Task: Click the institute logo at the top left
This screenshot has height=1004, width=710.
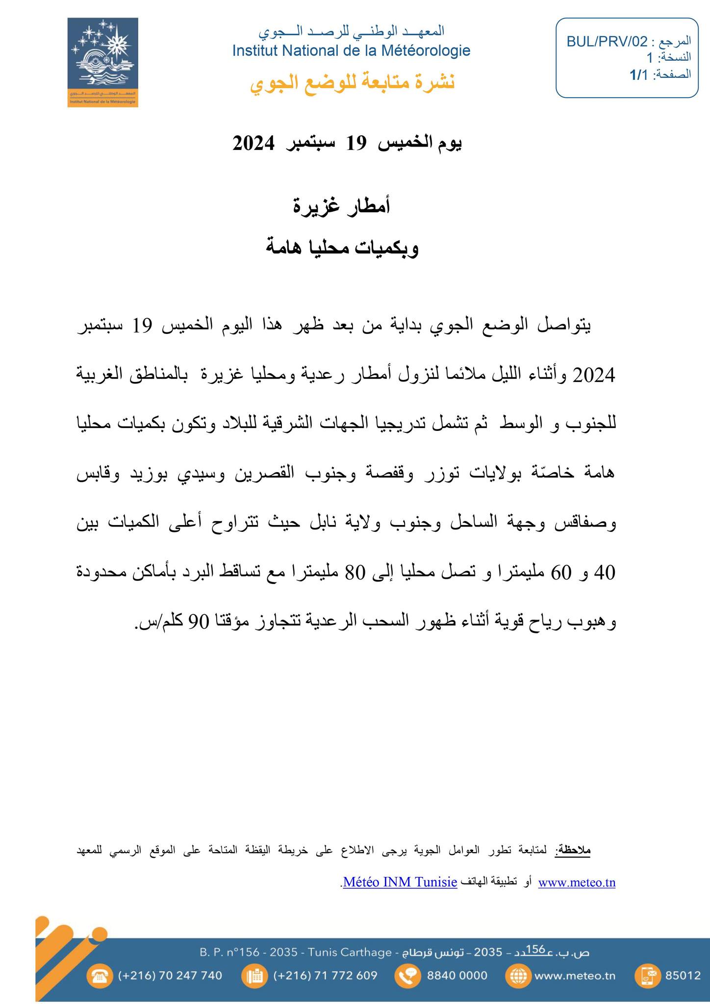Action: [102, 62]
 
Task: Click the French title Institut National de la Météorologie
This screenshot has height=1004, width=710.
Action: [351, 50]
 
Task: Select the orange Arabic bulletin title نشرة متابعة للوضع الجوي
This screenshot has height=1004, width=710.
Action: [353, 82]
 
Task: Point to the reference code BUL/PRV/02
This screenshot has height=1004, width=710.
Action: [607, 42]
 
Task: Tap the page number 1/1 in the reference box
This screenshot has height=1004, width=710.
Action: [638, 75]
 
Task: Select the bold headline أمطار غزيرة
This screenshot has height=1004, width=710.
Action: [342, 206]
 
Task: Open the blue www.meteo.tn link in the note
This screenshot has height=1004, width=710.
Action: [577, 883]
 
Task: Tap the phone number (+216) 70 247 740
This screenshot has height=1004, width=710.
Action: [170, 976]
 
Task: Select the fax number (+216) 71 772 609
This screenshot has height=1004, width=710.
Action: [325, 976]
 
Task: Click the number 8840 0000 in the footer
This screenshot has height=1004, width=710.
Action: [457, 976]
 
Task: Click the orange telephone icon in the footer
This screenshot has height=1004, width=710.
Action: [101, 976]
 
